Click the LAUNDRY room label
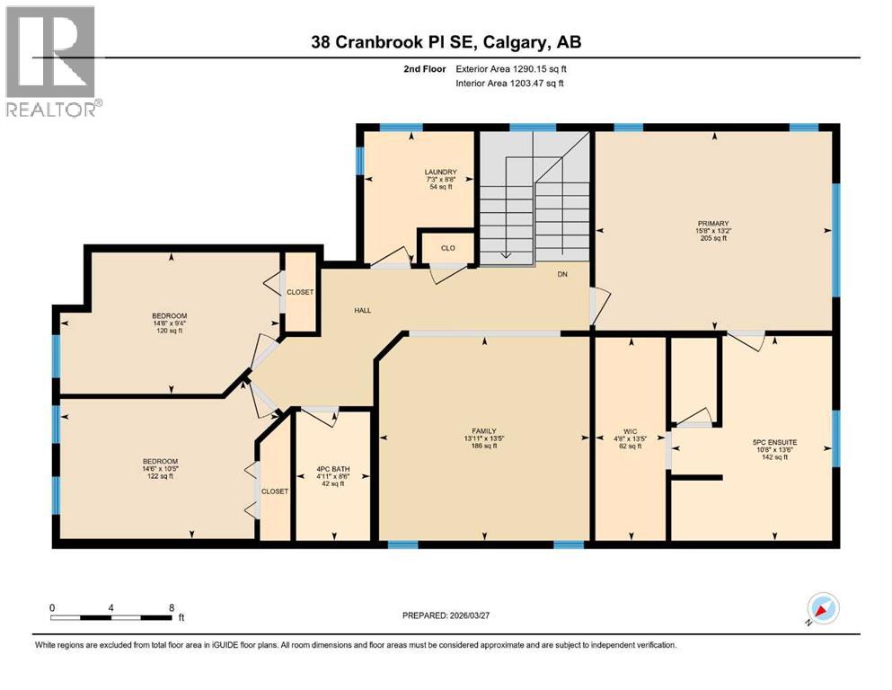coord(441,172)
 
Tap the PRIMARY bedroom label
coord(716,224)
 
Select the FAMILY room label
coord(484,431)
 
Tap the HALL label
coord(362,310)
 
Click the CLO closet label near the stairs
coord(446,248)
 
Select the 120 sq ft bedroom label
coord(170,315)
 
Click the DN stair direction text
coord(561,275)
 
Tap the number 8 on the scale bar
coord(171,607)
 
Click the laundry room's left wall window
coord(360,160)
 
